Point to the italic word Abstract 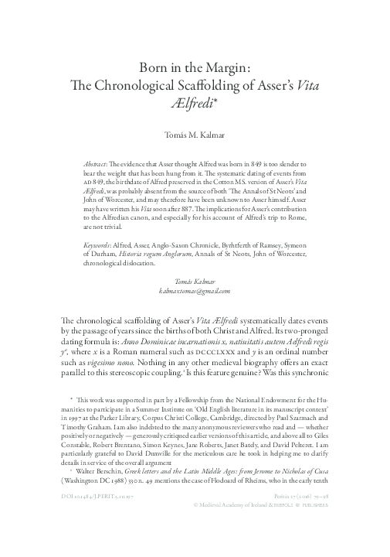tap(96, 166)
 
